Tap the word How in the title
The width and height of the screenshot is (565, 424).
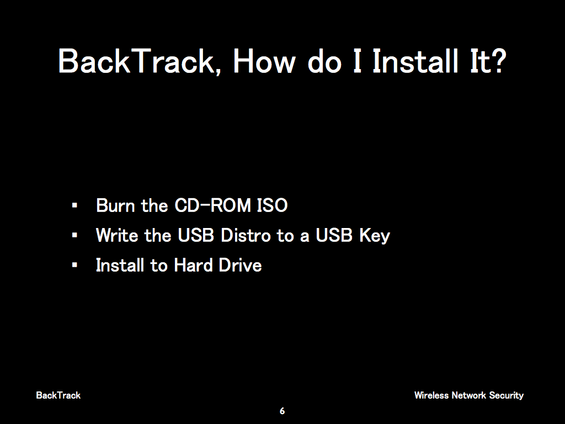click(264, 61)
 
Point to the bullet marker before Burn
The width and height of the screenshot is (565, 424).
click(74, 205)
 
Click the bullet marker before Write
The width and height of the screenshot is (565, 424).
click(74, 235)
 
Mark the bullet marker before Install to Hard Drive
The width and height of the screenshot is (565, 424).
click(74, 266)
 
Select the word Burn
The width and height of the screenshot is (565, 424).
click(115, 205)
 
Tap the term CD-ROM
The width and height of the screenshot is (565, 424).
click(212, 205)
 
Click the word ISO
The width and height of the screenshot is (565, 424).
click(273, 205)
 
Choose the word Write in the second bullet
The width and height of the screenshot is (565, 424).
click(117, 235)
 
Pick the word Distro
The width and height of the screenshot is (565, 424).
click(246, 235)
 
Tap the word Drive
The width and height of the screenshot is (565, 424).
click(240, 266)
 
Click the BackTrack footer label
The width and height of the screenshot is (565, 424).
click(58, 395)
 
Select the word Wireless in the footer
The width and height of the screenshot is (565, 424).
click(431, 395)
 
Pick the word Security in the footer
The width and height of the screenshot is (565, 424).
click(507, 396)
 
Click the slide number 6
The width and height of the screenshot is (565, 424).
click(282, 411)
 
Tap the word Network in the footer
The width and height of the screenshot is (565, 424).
click(469, 395)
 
